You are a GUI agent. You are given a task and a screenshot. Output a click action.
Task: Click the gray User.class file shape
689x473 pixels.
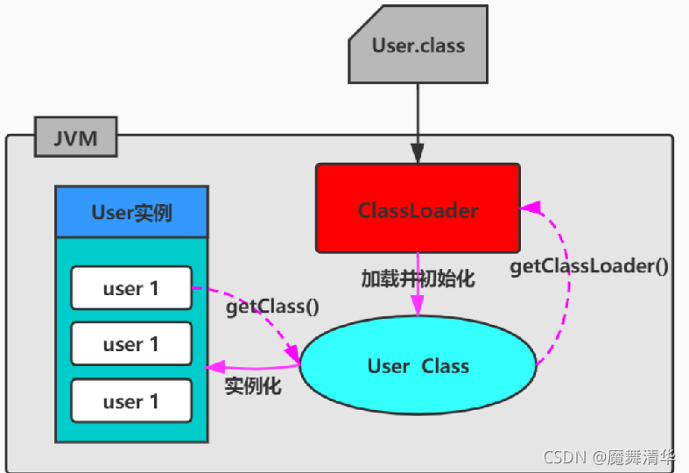click(x=418, y=46)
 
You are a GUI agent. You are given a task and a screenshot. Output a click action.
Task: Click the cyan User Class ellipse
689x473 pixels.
click(x=418, y=365)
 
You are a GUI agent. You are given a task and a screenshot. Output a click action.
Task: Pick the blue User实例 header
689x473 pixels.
click(x=131, y=212)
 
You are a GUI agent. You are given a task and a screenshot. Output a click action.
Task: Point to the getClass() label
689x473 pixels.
click(x=272, y=307)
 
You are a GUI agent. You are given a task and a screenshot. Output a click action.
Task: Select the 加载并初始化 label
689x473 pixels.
click(x=418, y=279)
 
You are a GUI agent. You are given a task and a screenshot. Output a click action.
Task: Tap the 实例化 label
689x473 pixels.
click(x=253, y=386)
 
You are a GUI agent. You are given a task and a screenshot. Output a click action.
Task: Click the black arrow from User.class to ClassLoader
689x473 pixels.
click(x=418, y=123)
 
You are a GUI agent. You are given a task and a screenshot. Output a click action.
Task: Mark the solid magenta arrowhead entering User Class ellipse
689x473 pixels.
click(x=418, y=307)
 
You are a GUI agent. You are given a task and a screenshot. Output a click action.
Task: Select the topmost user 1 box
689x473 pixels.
click(x=131, y=288)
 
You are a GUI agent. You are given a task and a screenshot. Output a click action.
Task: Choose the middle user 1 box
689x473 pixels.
click(x=131, y=344)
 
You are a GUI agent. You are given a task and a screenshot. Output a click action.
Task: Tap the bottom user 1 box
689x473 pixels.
click(x=131, y=401)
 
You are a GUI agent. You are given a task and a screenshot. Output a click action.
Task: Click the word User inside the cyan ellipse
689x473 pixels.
click(x=388, y=366)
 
